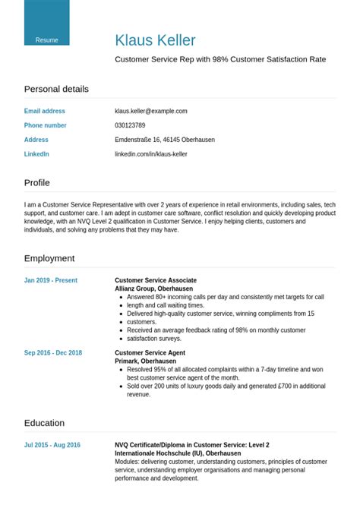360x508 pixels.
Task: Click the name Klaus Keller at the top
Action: (x=155, y=40)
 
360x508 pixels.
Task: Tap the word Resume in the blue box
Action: (x=46, y=40)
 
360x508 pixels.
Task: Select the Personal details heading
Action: (x=56, y=89)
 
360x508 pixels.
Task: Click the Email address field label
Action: (x=45, y=111)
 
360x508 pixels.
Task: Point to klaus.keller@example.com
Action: (x=150, y=111)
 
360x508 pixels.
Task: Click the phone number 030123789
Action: (x=130, y=125)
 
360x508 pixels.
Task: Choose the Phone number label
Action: (x=46, y=125)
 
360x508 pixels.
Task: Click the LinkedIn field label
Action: (x=36, y=154)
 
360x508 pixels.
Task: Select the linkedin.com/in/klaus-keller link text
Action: (x=150, y=154)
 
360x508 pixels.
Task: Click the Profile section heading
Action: (x=37, y=183)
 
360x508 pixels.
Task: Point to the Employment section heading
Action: (x=49, y=258)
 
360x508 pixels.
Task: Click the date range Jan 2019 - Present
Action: (x=51, y=280)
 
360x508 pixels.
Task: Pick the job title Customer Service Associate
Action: (x=156, y=280)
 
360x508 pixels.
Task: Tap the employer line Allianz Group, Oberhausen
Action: (x=153, y=289)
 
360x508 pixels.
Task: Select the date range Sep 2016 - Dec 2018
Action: (x=53, y=353)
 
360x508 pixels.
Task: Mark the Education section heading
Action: (x=44, y=423)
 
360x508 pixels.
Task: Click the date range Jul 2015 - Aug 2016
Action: (x=52, y=445)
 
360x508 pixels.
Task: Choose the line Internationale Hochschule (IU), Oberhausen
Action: (x=178, y=453)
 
